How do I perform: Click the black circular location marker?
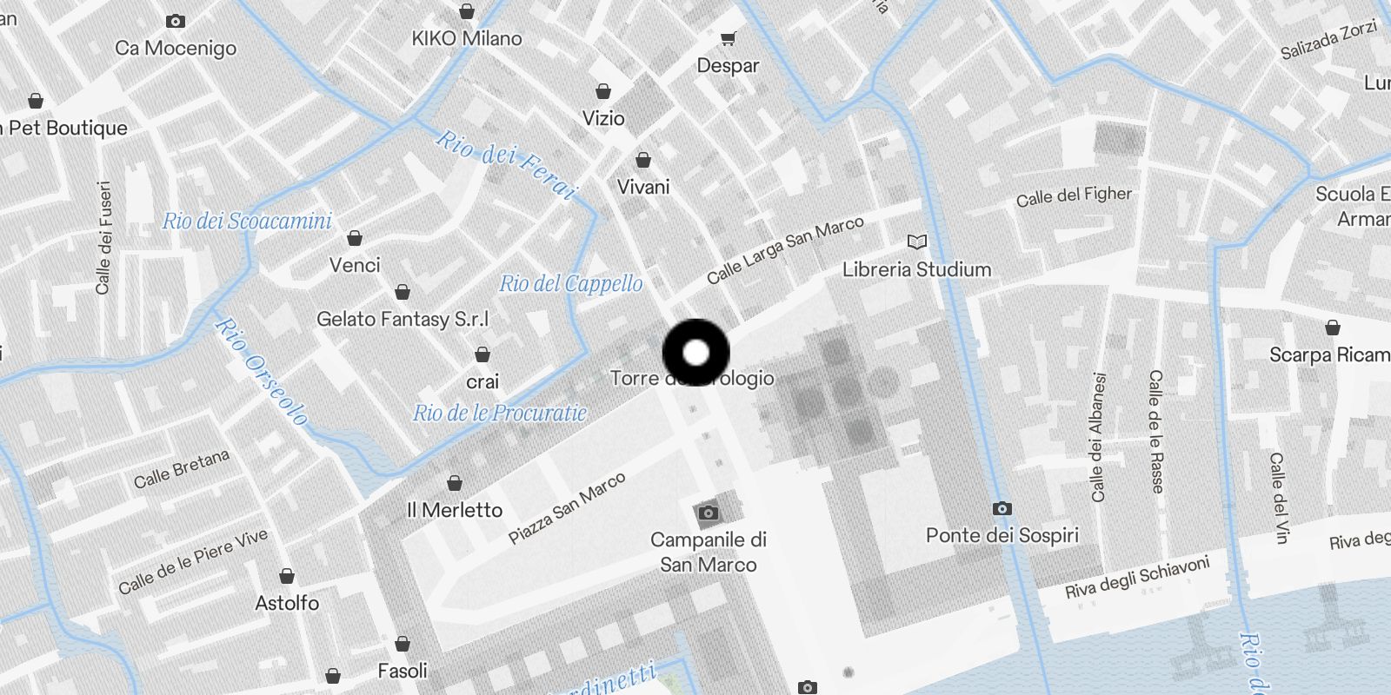point(695,353)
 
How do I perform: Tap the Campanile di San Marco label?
point(708,552)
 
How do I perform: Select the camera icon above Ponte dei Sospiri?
point(1002,508)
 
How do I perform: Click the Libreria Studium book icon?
point(916,242)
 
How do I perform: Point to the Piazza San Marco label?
point(567,508)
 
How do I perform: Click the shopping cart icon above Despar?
point(728,38)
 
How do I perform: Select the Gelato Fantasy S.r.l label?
point(402,319)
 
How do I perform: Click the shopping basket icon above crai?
point(483,354)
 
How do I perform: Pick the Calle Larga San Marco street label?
point(785,249)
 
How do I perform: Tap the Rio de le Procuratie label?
point(499,414)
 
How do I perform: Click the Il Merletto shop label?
point(455,510)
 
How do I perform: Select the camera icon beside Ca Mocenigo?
point(176,21)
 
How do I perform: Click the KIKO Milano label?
point(467,38)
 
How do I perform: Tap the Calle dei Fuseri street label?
point(103,237)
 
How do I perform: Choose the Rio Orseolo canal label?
point(261,371)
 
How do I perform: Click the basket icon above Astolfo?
point(287,576)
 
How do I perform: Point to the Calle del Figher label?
point(1074,196)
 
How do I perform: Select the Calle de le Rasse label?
point(1155,431)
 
